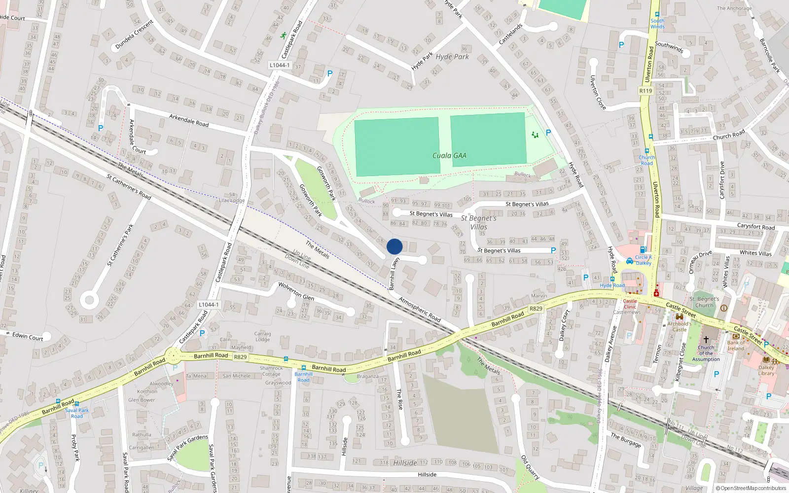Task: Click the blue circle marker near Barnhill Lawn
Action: pyautogui.click(x=394, y=246)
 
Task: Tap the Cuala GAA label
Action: pyautogui.click(x=449, y=155)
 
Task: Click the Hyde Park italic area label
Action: pyautogui.click(x=452, y=57)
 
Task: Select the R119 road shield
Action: pyautogui.click(x=646, y=91)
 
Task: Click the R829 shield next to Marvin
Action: pyautogui.click(x=536, y=309)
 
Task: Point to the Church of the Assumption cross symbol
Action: pyautogui.click(x=706, y=340)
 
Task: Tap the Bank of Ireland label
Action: pyautogui.click(x=736, y=346)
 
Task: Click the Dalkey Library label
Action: pyautogui.click(x=766, y=370)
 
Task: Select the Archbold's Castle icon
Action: pyautogui.click(x=679, y=317)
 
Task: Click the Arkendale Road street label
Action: pyautogui.click(x=189, y=120)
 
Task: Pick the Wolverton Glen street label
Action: pyautogui.click(x=296, y=291)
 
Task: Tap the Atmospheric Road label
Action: pyautogui.click(x=419, y=309)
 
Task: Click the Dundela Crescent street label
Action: pyautogui.click(x=134, y=35)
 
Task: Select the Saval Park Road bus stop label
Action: pyautogui.click(x=77, y=413)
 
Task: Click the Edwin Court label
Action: pyautogui.click(x=28, y=337)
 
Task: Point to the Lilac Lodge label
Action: pyautogui.click(x=232, y=201)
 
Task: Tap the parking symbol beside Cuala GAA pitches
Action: pyautogui.click(x=548, y=133)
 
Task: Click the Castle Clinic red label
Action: pyautogui.click(x=630, y=304)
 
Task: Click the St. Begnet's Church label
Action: pyautogui.click(x=704, y=302)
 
